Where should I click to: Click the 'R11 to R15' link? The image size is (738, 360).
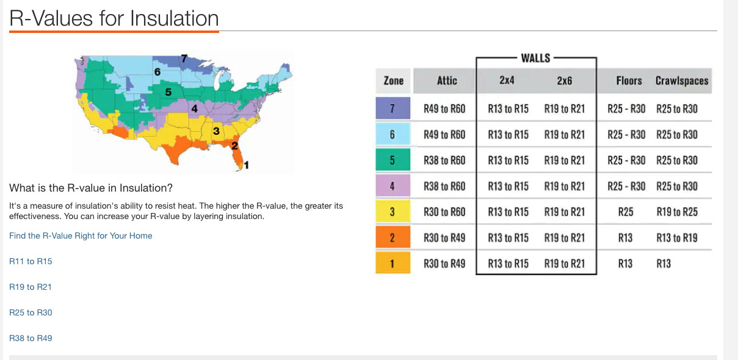pyautogui.click(x=31, y=261)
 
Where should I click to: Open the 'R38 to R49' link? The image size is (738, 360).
pyautogui.click(x=31, y=338)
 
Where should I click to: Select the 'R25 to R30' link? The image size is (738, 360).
pyautogui.click(x=31, y=312)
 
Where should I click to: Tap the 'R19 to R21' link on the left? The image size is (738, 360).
pyautogui.click(x=31, y=287)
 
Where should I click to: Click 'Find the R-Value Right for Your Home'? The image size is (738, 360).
pyautogui.click(x=81, y=236)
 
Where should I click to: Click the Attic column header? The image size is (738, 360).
pyautogui.click(x=447, y=81)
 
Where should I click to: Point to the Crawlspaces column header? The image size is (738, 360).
pyautogui.click(x=682, y=81)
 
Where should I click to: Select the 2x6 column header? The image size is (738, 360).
pyautogui.click(x=565, y=81)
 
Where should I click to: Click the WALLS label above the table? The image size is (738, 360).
pyautogui.click(x=535, y=59)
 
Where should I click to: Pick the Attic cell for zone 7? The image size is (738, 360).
pyautogui.click(x=444, y=109)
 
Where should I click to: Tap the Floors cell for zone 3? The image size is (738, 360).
pyautogui.click(x=626, y=212)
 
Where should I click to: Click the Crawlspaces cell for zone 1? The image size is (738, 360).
pyautogui.click(x=664, y=264)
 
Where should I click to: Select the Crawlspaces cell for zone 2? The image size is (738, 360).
pyautogui.click(x=677, y=238)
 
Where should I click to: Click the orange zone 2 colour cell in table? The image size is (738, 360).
pyautogui.click(x=393, y=237)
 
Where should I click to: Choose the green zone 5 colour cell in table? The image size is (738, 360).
pyautogui.click(x=393, y=160)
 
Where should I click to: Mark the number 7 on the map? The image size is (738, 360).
pyautogui.click(x=184, y=59)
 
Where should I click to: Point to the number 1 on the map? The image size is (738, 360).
pyautogui.click(x=247, y=165)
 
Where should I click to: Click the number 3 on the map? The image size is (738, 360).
pyautogui.click(x=216, y=131)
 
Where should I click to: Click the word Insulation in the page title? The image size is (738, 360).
pyautogui.click(x=175, y=18)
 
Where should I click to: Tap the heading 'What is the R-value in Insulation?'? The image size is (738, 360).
pyautogui.click(x=91, y=188)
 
